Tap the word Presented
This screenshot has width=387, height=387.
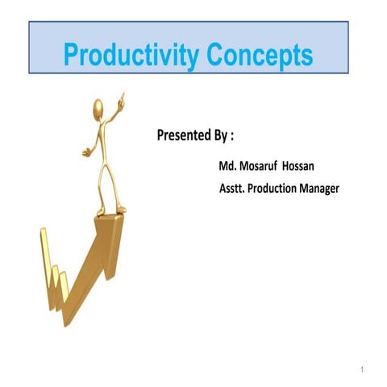tap(185, 135)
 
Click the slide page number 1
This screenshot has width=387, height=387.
tap(364, 369)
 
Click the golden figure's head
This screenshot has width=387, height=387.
tap(98, 107)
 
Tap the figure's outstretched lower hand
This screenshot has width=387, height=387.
tap(86, 151)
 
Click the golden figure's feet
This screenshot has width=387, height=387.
tap(111, 211)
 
